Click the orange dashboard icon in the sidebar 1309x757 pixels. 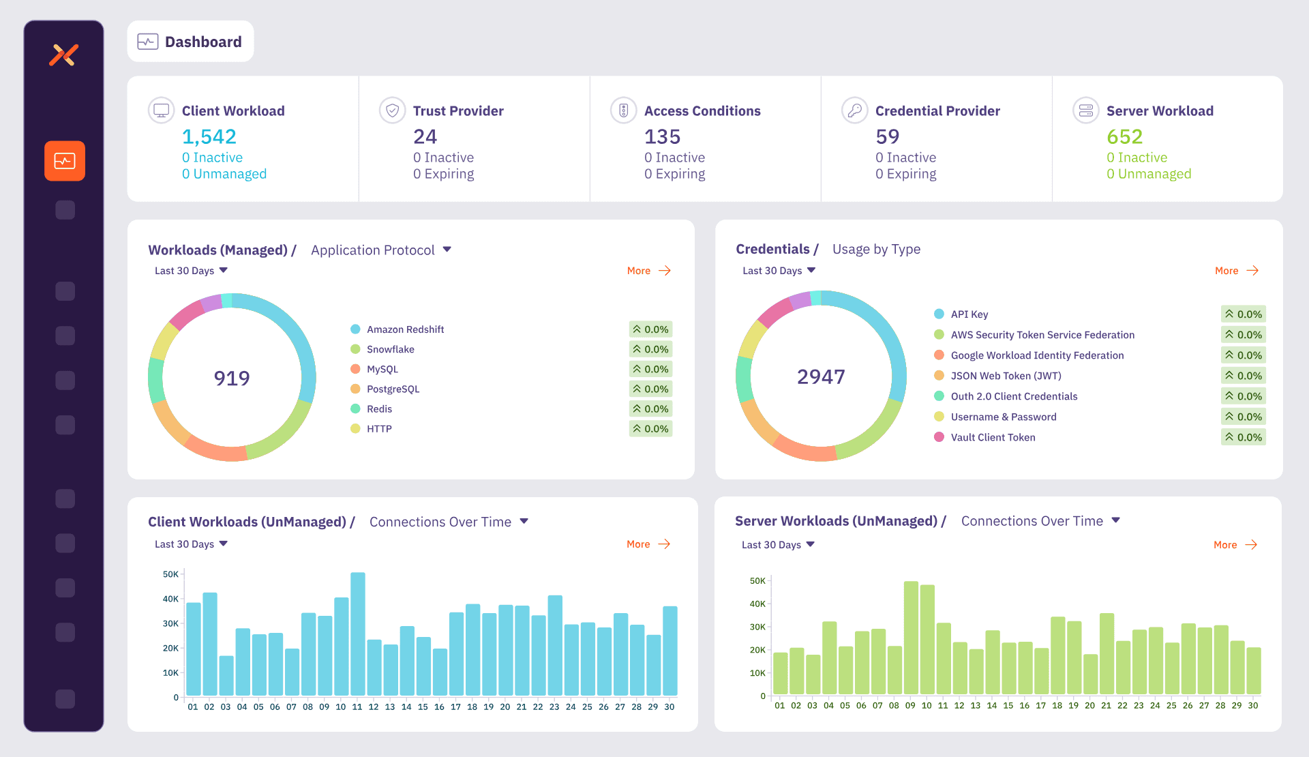tap(65, 161)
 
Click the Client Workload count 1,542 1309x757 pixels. tap(209, 137)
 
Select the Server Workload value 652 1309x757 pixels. tap(1124, 137)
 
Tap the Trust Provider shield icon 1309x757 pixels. tap(392, 110)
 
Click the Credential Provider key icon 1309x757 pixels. tap(854, 110)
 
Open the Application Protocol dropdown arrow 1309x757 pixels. tap(447, 250)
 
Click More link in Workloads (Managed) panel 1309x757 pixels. tap(649, 271)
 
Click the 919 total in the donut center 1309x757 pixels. tap(232, 378)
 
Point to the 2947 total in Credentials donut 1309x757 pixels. tap(821, 376)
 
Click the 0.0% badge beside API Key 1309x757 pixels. tap(1244, 314)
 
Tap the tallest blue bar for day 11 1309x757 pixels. tap(358, 634)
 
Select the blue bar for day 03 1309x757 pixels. tap(226, 676)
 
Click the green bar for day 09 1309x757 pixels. tap(911, 638)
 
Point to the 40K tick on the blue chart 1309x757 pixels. tap(170, 599)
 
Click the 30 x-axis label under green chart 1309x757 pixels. tap(1253, 706)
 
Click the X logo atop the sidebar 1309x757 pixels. tap(64, 55)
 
